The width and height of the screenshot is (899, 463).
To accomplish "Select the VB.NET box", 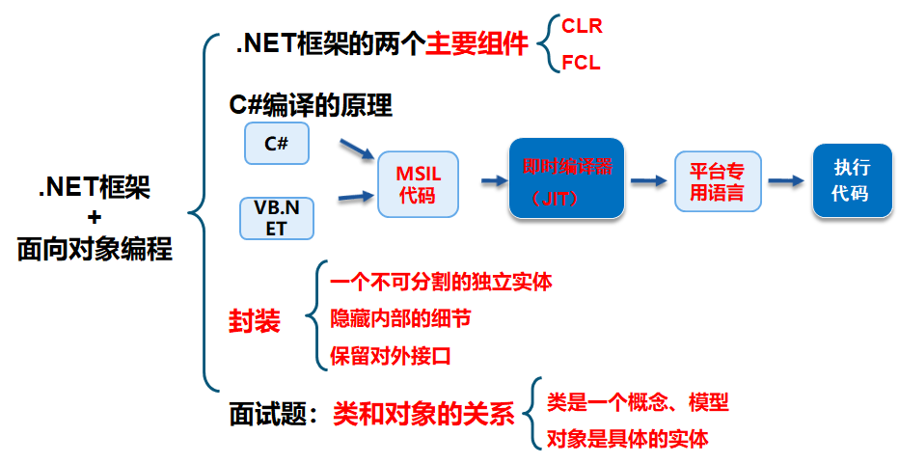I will point(277,218).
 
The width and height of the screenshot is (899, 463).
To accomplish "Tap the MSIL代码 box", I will point(417,184).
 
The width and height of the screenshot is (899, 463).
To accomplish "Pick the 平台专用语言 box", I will point(717,181).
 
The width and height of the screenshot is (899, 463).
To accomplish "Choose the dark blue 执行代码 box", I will point(850,180).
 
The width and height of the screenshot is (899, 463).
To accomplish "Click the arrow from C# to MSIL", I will point(356,150).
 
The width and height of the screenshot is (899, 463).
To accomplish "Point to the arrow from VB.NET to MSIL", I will point(356,197).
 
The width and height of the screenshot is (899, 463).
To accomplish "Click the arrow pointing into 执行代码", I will point(786,180).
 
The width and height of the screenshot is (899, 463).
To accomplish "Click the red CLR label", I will point(582,26).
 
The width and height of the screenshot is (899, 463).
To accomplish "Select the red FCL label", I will point(581,64).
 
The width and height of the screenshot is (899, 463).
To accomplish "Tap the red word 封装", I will point(255,321).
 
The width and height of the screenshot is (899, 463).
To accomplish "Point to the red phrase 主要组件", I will point(478,44).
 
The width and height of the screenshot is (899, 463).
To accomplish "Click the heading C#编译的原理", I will point(311,104).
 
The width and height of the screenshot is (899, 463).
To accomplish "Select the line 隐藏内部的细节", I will point(400,318).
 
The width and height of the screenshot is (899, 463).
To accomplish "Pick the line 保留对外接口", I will point(391,355).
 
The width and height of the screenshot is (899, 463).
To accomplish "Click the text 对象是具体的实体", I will point(627,439).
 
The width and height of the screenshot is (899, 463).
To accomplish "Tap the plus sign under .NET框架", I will point(95,218).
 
